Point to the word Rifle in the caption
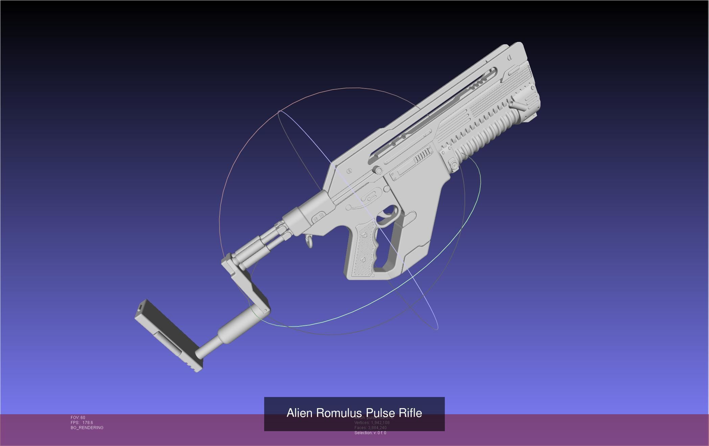[410, 413]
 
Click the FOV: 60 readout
[78, 418]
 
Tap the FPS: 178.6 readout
[82, 423]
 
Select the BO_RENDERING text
[87, 428]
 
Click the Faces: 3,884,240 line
[370, 428]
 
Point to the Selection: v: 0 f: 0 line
[370, 433]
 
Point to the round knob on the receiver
[378, 170]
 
